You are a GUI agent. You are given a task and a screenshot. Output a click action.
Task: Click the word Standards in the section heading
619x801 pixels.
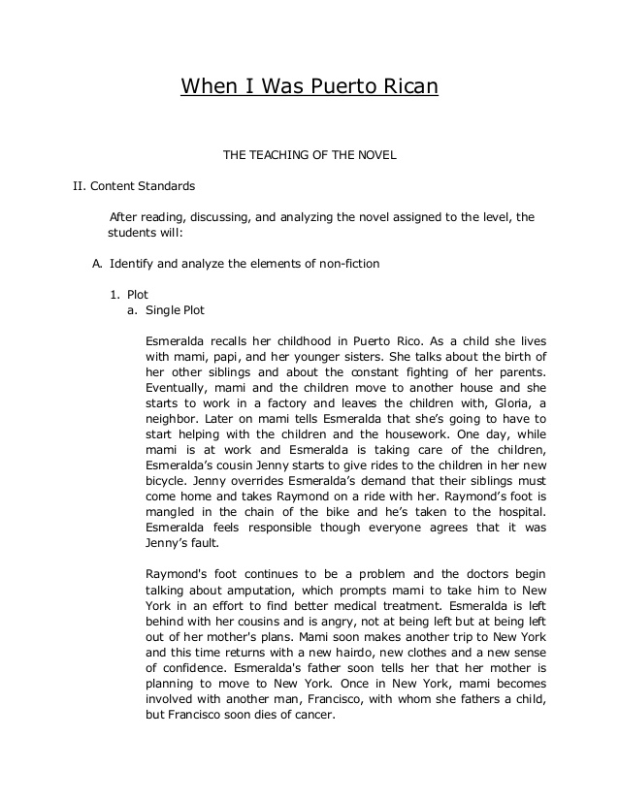pyautogui.click(x=165, y=184)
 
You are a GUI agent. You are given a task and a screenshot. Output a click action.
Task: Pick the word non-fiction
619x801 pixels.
pyautogui.click(x=346, y=263)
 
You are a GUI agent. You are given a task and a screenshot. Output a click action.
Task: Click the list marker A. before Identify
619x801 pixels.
pyautogui.click(x=97, y=263)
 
